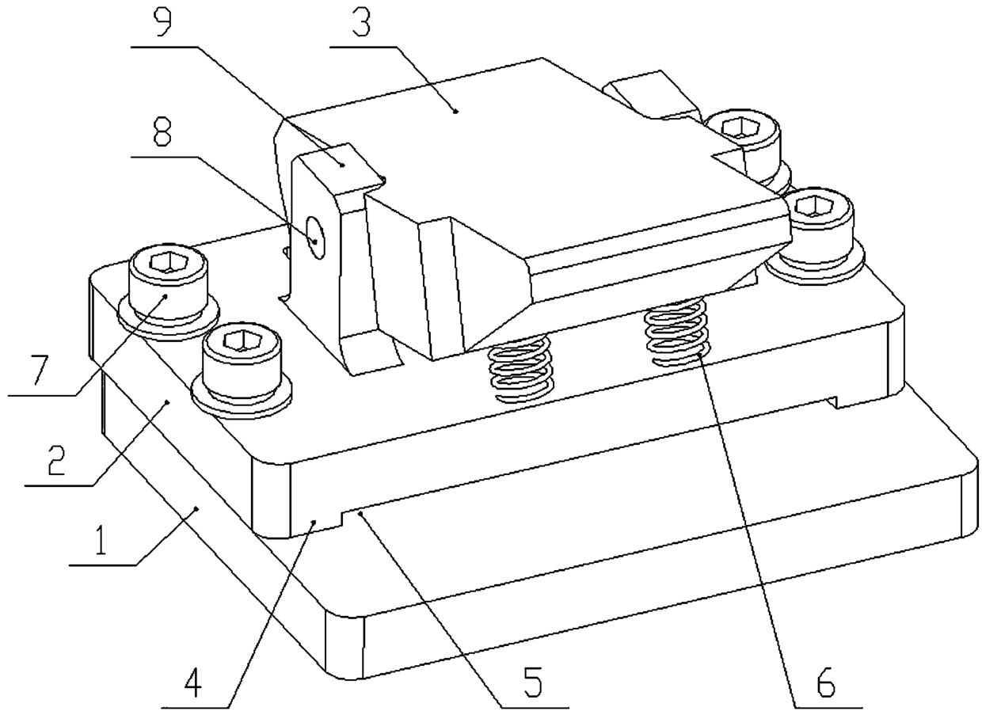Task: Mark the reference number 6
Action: coord(825,682)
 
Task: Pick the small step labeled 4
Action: coord(315,522)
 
